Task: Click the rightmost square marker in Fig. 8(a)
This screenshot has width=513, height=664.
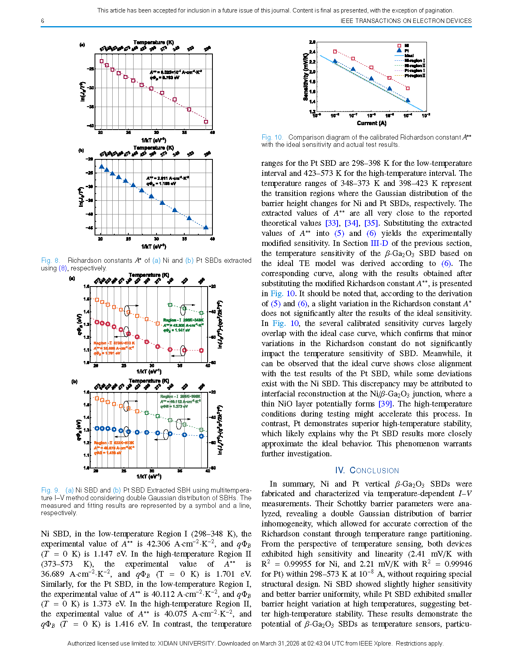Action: click(206, 122)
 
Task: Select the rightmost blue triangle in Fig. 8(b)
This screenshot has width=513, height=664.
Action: click(206, 227)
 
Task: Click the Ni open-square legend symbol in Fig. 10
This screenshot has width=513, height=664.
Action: click(399, 46)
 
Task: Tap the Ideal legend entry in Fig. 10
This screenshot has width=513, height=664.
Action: click(410, 56)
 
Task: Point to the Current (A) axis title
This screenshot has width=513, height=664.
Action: click(371, 123)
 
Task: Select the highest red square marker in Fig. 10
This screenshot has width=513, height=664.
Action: click(335, 52)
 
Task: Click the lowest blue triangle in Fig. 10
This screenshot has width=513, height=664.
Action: click(408, 100)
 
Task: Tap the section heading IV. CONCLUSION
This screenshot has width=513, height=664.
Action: click(367, 470)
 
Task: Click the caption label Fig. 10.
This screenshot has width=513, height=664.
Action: click(272, 137)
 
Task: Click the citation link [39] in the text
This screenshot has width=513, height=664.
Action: click(385, 404)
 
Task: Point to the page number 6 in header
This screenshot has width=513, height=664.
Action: click(43, 21)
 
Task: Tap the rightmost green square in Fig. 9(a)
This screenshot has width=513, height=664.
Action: click(202, 313)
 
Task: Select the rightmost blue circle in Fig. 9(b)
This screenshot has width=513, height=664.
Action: click(202, 436)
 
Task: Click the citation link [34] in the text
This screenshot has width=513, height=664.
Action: click(351, 223)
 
